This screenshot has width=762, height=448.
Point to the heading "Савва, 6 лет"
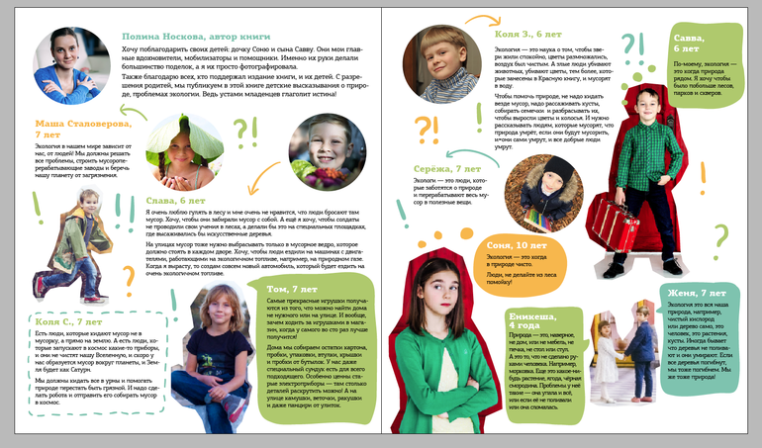tap(686, 42)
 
